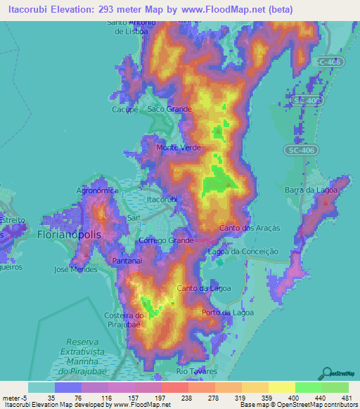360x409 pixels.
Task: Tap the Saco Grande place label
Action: pyautogui.click(x=169, y=110)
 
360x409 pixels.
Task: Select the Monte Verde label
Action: pyautogui.click(x=179, y=148)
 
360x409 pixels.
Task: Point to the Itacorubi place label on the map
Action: pyautogui.click(x=162, y=200)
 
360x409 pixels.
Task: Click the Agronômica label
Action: pyautogui.click(x=96, y=190)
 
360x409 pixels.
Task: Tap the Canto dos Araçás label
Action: pyautogui.click(x=250, y=228)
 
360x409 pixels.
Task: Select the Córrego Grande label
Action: pyautogui.click(x=167, y=240)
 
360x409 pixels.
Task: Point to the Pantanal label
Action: pyautogui.click(x=127, y=260)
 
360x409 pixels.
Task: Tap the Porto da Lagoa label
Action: pyautogui.click(x=226, y=312)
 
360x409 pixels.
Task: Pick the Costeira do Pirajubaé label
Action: pyautogui.click(x=138, y=320)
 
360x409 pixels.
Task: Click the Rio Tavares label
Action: pyautogui.click(x=197, y=370)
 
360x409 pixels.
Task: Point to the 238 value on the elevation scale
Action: pyautogui.click(x=168, y=398)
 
